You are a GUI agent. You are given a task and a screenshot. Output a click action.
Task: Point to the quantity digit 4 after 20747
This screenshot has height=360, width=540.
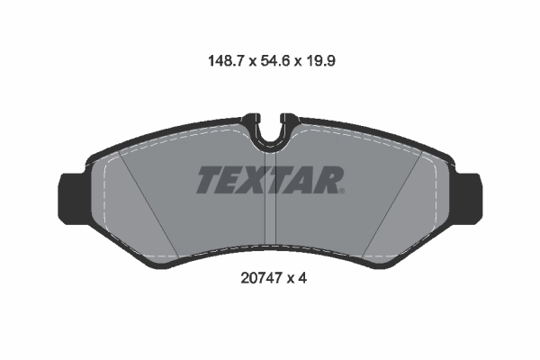point(304,279)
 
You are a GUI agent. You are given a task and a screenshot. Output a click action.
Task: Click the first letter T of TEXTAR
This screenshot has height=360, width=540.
point(209,180)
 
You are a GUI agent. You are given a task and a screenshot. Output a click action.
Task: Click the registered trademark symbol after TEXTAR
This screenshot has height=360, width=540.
point(341,189)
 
